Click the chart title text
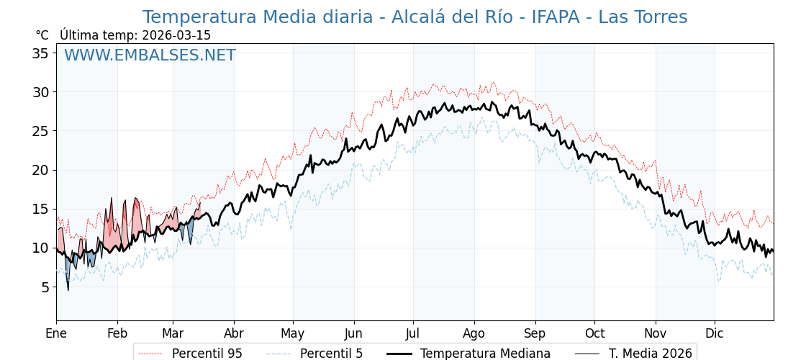(x=415, y=17)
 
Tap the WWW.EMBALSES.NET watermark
(x=150, y=55)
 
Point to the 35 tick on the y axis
(x=42, y=53)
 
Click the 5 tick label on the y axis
(x=45, y=287)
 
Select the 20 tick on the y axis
(x=42, y=170)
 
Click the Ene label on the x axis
(x=56, y=333)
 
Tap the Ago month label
(x=474, y=333)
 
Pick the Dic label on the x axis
(x=715, y=333)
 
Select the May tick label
(x=293, y=333)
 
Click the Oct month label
(x=594, y=333)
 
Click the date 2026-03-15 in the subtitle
(x=176, y=35)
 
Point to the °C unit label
(x=42, y=35)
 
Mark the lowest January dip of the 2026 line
(x=68, y=290)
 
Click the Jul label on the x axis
(x=413, y=333)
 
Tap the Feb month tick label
(x=117, y=333)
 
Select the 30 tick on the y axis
(x=42, y=92)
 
